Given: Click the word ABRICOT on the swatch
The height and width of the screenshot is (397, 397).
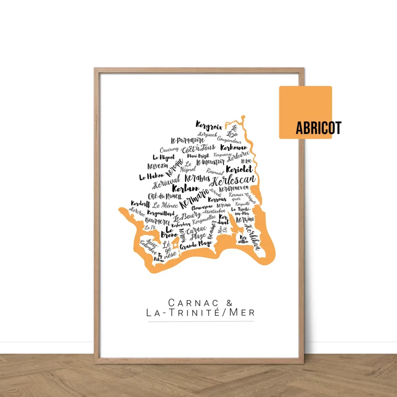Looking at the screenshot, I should click(318, 128).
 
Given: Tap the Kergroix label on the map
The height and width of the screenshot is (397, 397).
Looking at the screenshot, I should click(209, 126).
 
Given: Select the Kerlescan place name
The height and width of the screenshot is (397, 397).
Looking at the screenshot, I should click(235, 180).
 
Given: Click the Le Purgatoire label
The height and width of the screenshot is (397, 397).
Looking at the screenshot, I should click(187, 140).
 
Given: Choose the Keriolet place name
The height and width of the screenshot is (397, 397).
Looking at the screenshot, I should click(239, 169).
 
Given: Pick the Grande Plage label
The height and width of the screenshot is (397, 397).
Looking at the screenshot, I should click(196, 245).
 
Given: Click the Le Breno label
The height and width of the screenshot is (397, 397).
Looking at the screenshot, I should click(169, 232).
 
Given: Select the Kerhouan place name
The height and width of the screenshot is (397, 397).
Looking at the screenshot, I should click(233, 148).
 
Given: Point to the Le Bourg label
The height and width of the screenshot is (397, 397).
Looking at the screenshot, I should click(187, 216).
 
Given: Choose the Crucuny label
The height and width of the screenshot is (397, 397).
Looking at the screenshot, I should click(169, 150).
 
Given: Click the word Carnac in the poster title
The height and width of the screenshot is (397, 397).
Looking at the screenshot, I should click(187, 302).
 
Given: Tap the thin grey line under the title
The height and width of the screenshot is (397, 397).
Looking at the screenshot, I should click(201, 321).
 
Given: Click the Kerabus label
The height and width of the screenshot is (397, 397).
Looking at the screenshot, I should click(197, 178).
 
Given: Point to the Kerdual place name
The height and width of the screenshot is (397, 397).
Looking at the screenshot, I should click(224, 220).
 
